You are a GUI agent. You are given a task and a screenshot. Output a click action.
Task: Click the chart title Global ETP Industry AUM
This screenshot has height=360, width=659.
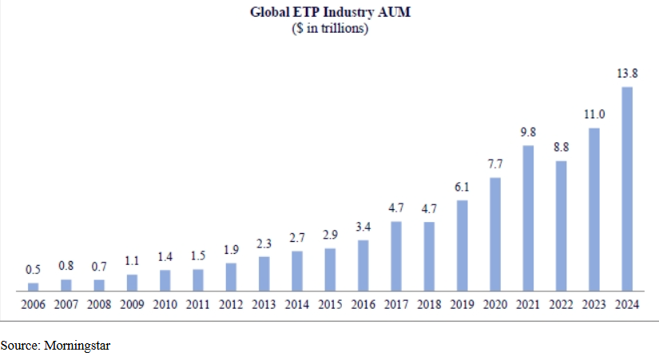(329, 13)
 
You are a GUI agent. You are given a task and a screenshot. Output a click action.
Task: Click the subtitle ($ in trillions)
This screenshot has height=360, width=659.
(329, 29)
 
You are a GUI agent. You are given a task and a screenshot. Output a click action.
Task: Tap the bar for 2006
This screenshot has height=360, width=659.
(33, 287)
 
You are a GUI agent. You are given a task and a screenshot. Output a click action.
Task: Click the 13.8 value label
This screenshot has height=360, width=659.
(627, 73)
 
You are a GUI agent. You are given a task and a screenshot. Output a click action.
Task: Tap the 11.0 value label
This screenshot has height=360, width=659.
(593, 115)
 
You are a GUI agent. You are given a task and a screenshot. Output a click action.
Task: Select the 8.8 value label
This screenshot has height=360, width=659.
(561, 148)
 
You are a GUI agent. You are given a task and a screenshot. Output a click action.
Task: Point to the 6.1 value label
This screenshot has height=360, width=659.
(462, 187)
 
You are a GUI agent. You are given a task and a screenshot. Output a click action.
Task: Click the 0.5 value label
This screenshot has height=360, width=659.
(33, 269)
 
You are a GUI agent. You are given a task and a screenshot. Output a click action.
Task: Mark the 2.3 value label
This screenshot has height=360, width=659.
(264, 243)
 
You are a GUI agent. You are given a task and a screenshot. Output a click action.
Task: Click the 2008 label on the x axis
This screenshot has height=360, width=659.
(99, 304)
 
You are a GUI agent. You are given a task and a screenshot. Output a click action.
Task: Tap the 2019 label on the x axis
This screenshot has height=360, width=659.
(462, 304)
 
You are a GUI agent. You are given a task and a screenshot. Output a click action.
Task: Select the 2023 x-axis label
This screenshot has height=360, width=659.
(593, 304)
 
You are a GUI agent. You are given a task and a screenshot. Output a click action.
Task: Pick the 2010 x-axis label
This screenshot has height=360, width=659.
(165, 304)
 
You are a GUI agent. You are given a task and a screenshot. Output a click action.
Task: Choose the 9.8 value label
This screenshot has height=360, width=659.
(528, 132)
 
